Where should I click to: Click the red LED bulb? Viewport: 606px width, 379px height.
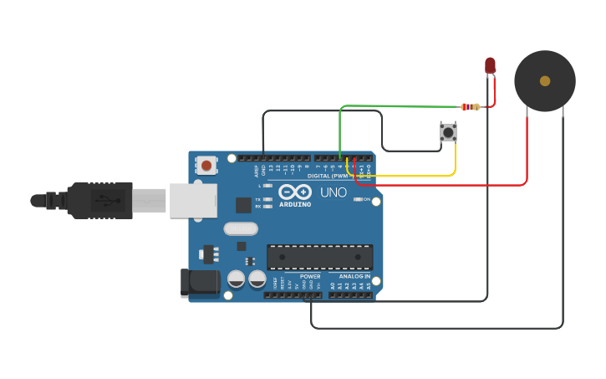tap(490, 64)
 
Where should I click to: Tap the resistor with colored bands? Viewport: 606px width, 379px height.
tap(471, 106)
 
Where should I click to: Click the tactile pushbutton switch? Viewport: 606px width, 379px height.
tap(449, 131)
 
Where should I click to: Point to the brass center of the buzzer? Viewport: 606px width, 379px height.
tap(545, 81)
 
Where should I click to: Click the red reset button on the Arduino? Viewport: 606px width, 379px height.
tap(206, 165)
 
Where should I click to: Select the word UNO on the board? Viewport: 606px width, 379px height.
tap(334, 192)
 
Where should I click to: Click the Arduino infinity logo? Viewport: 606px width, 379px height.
tap(294, 192)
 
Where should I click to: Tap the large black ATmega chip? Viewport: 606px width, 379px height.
tap(319, 257)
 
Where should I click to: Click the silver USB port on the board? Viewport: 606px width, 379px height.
tap(193, 200)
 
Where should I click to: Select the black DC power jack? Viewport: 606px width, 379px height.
tap(200, 282)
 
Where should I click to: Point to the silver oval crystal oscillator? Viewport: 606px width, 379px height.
tap(241, 228)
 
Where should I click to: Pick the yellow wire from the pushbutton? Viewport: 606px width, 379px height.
tap(410, 176)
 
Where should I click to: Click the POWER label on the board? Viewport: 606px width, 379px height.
tap(310, 276)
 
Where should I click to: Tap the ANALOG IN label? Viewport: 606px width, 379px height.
tap(354, 276)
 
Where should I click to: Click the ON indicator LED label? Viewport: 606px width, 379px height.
tap(366, 199)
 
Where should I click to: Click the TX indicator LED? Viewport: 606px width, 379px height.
tap(267, 199)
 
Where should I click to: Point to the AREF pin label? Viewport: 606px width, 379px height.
tap(257, 171)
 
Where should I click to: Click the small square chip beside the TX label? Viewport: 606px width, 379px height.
tap(243, 204)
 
